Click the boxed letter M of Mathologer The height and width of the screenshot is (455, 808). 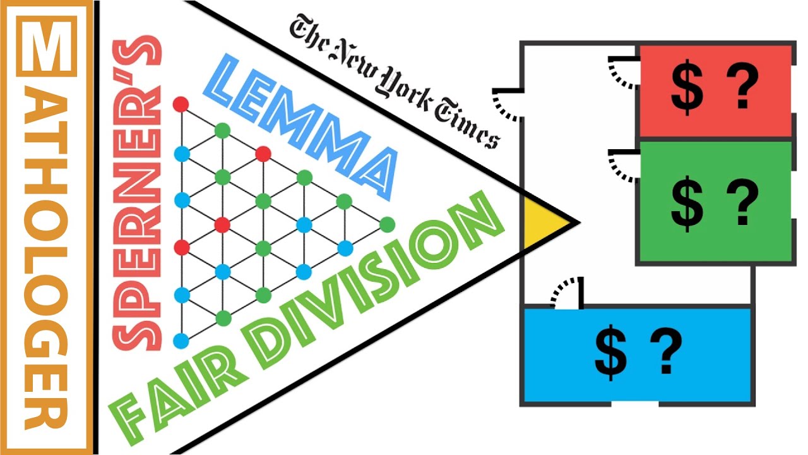[47, 46]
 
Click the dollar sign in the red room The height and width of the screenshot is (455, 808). [687, 87]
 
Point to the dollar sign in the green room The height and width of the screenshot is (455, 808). [687, 204]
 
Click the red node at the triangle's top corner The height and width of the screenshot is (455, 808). [181, 104]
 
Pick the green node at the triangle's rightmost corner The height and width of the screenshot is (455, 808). [387, 224]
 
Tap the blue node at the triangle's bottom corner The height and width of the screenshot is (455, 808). [181, 341]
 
